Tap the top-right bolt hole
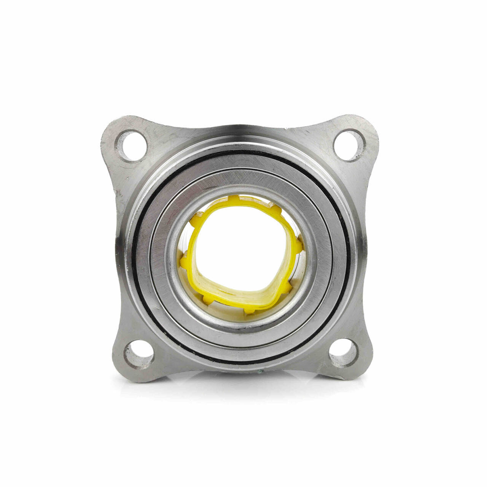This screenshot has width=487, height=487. tap(349, 145)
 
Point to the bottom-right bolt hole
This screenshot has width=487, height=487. tap(343, 354)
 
